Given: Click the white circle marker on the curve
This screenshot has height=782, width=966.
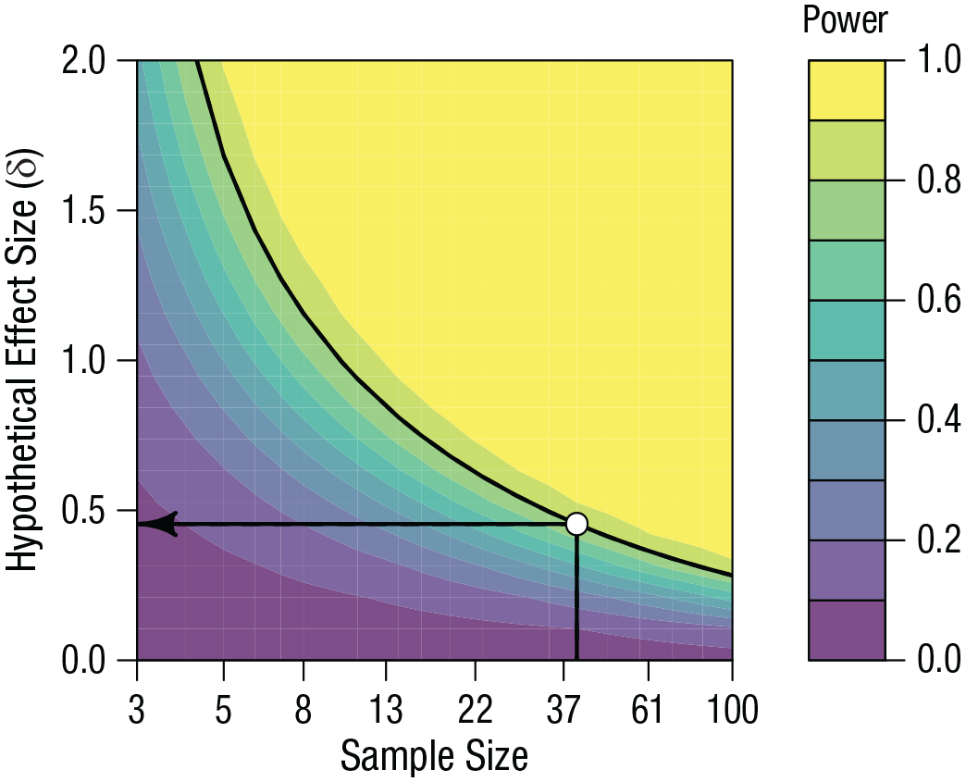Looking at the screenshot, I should coord(576,524).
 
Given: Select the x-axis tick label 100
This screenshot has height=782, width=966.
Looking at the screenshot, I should coord(730,711).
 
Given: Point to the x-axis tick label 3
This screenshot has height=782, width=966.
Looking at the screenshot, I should coord(137,711).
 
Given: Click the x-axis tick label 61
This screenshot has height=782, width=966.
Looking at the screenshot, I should coord(648,711).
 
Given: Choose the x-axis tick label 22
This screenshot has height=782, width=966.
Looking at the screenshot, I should coord(475,711).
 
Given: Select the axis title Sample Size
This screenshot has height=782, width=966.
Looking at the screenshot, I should coord(434,756).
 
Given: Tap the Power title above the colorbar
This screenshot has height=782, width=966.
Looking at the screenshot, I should coord(845,19).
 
